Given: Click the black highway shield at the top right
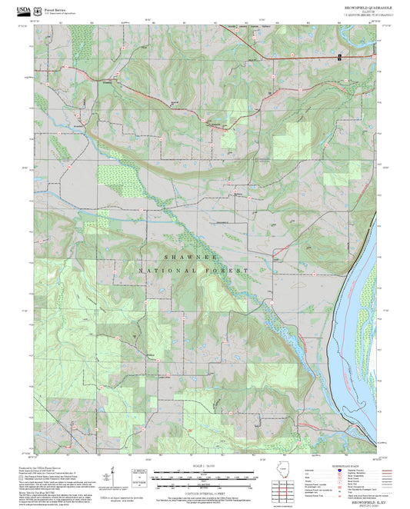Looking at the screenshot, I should pos(339,58).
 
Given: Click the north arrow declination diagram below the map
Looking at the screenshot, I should pos(115,473).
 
